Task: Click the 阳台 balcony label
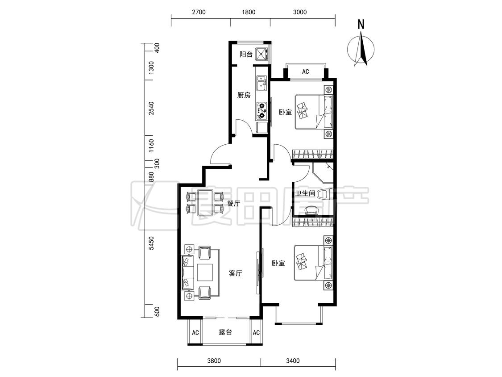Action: tap(246, 54)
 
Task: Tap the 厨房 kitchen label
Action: tap(244, 95)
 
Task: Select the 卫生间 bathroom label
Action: tap(305, 193)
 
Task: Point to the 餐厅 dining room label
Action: tap(233, 203)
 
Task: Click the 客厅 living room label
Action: tap(235, 273)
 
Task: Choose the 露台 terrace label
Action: tap(225, 332)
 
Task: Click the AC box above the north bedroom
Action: tap(305, 71)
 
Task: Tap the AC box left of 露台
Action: tap(195, 332)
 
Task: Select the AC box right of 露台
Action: tap(256, 332)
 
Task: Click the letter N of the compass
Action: tap(361, 25)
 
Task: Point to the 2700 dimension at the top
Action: tap(199, 12)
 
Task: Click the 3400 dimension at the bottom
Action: tap(293, 360)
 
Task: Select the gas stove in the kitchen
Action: tap(261, 109)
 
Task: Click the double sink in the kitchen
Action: tap(261, 84)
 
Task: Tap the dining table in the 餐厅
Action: tap(205, 203)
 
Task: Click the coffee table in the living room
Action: tap(205, 272)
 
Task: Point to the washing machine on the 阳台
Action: tap(261, 54)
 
